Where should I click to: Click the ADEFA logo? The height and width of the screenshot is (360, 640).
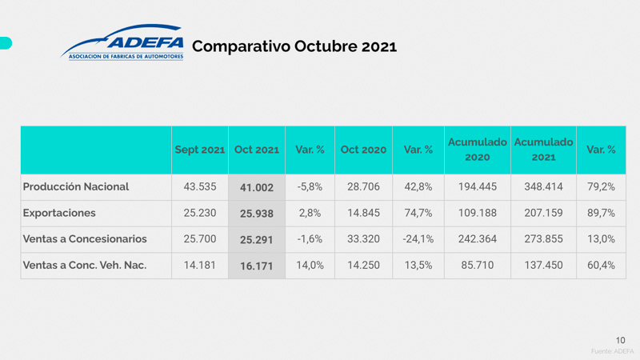click(x=122, y=45)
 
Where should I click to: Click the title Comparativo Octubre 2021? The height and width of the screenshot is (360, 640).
click(x=294, y=46)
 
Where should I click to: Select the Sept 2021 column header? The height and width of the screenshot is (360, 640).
click(x=200, y=150)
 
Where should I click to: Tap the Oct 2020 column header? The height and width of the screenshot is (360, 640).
click(x=363, y=150)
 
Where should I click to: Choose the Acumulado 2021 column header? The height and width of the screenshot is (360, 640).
click(x=543, y=149)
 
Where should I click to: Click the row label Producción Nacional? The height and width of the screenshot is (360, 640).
click(x=76, y=186)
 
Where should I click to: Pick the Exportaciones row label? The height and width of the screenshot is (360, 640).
click(x=59, y=213)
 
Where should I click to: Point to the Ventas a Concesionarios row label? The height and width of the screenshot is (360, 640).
click(x=85, y=239)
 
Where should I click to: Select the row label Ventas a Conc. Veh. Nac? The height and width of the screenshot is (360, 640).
click(x=85, y=266)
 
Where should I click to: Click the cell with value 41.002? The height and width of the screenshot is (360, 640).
click(x=256, y=187)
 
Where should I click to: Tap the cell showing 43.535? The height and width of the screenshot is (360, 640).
click(x=200, y=186)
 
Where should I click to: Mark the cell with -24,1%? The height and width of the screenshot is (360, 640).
click(x=418, y=239)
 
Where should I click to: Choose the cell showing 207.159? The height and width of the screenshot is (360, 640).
click(x=543, y=213)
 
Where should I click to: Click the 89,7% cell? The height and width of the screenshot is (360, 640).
click(x=601, y=213)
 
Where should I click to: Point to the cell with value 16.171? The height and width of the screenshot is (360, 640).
click(x=256, y=266)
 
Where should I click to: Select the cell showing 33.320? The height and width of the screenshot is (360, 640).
click(x=363, y=239)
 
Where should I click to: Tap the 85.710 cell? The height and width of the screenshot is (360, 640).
click(x=477, y=266)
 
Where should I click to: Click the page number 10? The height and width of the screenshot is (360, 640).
click(x=621, y=340)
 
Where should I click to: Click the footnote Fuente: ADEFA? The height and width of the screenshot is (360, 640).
click(x=612, y=351)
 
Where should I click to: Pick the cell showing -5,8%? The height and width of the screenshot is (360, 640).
click(x=309, y=186)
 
